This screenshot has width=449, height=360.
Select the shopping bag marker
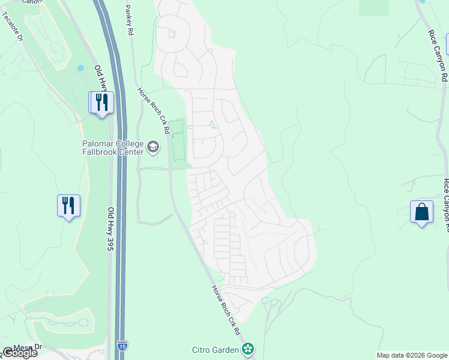[x=421, y=212]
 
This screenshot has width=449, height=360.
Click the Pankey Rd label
[x=128, y=19]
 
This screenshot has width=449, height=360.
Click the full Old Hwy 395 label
[x=110, y=229]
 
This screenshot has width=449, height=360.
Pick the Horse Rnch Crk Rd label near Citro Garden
[x=226, y=310]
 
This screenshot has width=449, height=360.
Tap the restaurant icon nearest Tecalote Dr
[x=101, y=102]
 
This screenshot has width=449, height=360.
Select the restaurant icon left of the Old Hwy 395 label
[x=69, y=206]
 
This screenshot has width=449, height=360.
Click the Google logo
[x=19, y=353]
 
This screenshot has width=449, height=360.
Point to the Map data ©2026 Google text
[x=412, y=355]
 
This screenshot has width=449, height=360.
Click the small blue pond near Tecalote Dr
[x=81, y=68]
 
